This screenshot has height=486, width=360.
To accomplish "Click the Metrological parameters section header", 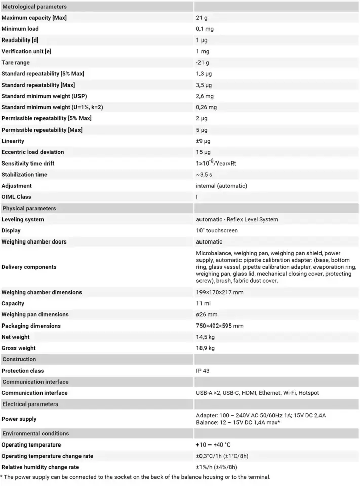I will [34, 7].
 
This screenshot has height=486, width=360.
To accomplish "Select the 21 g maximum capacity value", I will [203, 18].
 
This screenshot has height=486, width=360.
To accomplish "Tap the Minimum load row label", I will [20, 29].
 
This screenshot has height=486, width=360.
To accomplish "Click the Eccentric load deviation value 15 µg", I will [204, 152].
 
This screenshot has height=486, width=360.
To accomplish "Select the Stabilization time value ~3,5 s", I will [207, 175].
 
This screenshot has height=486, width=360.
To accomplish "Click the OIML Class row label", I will [16, 197].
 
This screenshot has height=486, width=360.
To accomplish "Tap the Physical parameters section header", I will [29, 208].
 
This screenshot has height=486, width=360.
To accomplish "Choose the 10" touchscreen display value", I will [217, 230].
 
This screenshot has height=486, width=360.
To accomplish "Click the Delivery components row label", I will [29, 267].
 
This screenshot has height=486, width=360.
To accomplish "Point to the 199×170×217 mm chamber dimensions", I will [220, 292].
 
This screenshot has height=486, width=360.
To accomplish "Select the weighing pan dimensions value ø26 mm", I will [207, 314].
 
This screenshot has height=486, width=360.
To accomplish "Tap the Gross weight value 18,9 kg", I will [205, 348].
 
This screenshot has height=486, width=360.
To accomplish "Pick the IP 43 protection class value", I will [203, 371].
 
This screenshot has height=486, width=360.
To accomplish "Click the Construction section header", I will [19, 359].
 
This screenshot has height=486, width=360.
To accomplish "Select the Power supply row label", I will [19, 419].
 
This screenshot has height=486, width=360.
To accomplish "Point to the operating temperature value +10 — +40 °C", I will [213, 445].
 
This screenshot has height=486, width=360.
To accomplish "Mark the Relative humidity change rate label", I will [40, 467].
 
